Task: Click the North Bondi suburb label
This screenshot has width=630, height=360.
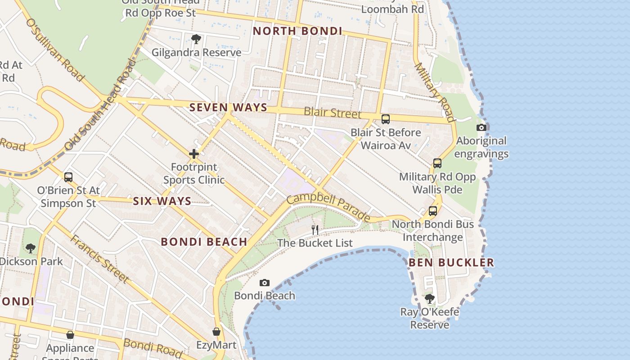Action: click(x=297, y=31)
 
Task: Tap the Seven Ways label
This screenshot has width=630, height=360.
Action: click(x=228, y=108)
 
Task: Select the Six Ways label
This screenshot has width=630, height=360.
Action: click(x=162, y=201)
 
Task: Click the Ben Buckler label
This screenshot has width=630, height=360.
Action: click(x=451, y=262)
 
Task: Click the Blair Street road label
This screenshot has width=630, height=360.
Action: click(x=333, y=112)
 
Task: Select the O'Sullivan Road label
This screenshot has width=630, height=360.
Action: click(x=55, y=49)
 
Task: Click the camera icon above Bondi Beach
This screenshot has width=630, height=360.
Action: click(x=265, y=283)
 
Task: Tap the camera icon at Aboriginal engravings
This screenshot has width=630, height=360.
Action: click(x=481, y=127)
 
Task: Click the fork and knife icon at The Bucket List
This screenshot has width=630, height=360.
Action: click(x=315, y=230)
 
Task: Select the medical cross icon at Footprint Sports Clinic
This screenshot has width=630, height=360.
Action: click(x=194, y=154)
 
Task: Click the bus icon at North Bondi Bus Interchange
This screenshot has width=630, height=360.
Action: click(x=433, y=211)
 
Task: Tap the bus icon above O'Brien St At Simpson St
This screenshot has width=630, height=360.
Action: click(x=68, y=177)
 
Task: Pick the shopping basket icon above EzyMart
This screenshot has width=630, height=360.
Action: click(x=216, y=332)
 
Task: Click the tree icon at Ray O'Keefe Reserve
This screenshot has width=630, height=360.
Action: click(x=430, y=298)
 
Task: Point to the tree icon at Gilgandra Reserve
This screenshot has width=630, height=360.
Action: click(x=196, y=39)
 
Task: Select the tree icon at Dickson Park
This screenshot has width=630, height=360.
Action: click(x=31, y=248)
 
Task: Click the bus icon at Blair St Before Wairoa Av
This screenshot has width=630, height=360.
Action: click(x=386, y=119)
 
